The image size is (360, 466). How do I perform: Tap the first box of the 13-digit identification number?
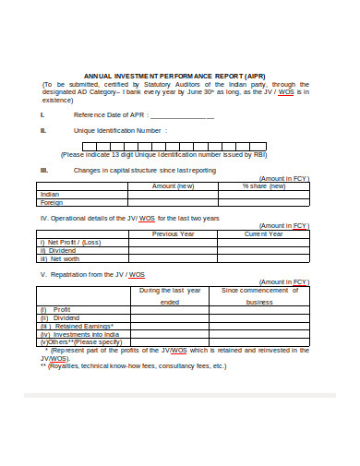pyautogui.click(x=88, y=145)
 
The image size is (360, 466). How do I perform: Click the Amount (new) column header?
pyautogui.click(x=173, y=186)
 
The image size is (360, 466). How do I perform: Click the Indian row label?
pyautogui.click(x=51, y=195)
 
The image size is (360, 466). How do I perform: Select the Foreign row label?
pyautogui.click(x=53, y=203)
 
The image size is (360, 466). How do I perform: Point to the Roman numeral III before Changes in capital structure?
pyautogui.click(x=43, y=170)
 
